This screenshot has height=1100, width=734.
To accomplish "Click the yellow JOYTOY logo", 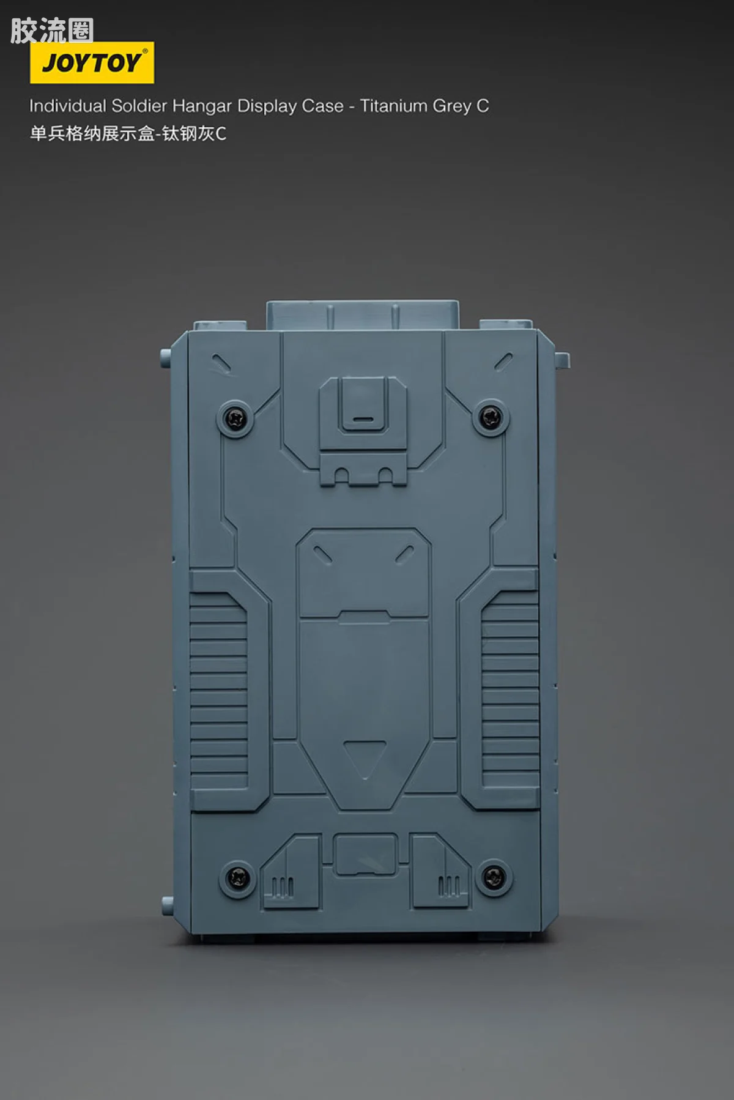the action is point(92,62).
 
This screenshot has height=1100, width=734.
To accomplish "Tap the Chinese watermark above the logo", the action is point(52,31).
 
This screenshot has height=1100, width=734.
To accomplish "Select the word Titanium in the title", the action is point(393,106).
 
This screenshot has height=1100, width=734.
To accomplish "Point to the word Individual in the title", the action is point(68,106).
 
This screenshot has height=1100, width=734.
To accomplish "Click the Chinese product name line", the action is point(128,133).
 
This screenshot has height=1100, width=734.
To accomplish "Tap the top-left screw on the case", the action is point(235,418).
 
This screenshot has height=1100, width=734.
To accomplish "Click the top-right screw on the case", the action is point(491,418).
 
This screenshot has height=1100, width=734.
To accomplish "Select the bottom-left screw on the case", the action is point(237,878).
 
